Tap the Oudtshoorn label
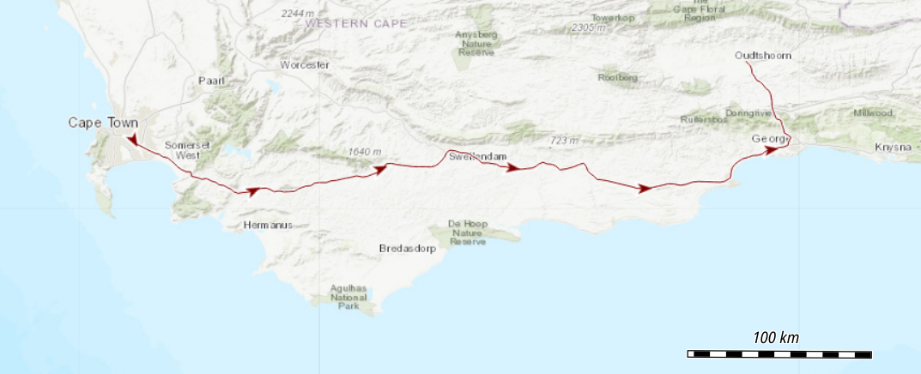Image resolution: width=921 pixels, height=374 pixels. pos(763,56)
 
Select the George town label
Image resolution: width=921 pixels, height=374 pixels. pos(768,139)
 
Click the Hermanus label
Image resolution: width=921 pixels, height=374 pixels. pos(268,225)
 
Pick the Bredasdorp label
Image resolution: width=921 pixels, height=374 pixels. pos(408,249)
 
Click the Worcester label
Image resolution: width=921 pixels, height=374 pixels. pos(305,65)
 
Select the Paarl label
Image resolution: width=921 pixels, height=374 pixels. pos(211,81)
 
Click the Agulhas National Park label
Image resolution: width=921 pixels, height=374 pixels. pos(353,297)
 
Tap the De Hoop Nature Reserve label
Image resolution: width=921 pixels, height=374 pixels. pos(468,232)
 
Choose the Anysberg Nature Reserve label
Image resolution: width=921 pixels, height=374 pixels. pos(476,43)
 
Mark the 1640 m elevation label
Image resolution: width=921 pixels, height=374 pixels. pos(365,152)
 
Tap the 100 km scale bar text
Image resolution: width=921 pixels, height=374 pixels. pos(776,338)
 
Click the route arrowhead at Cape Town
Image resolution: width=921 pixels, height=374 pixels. pos(131,139)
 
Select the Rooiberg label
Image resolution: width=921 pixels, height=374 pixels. pos(618,77)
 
